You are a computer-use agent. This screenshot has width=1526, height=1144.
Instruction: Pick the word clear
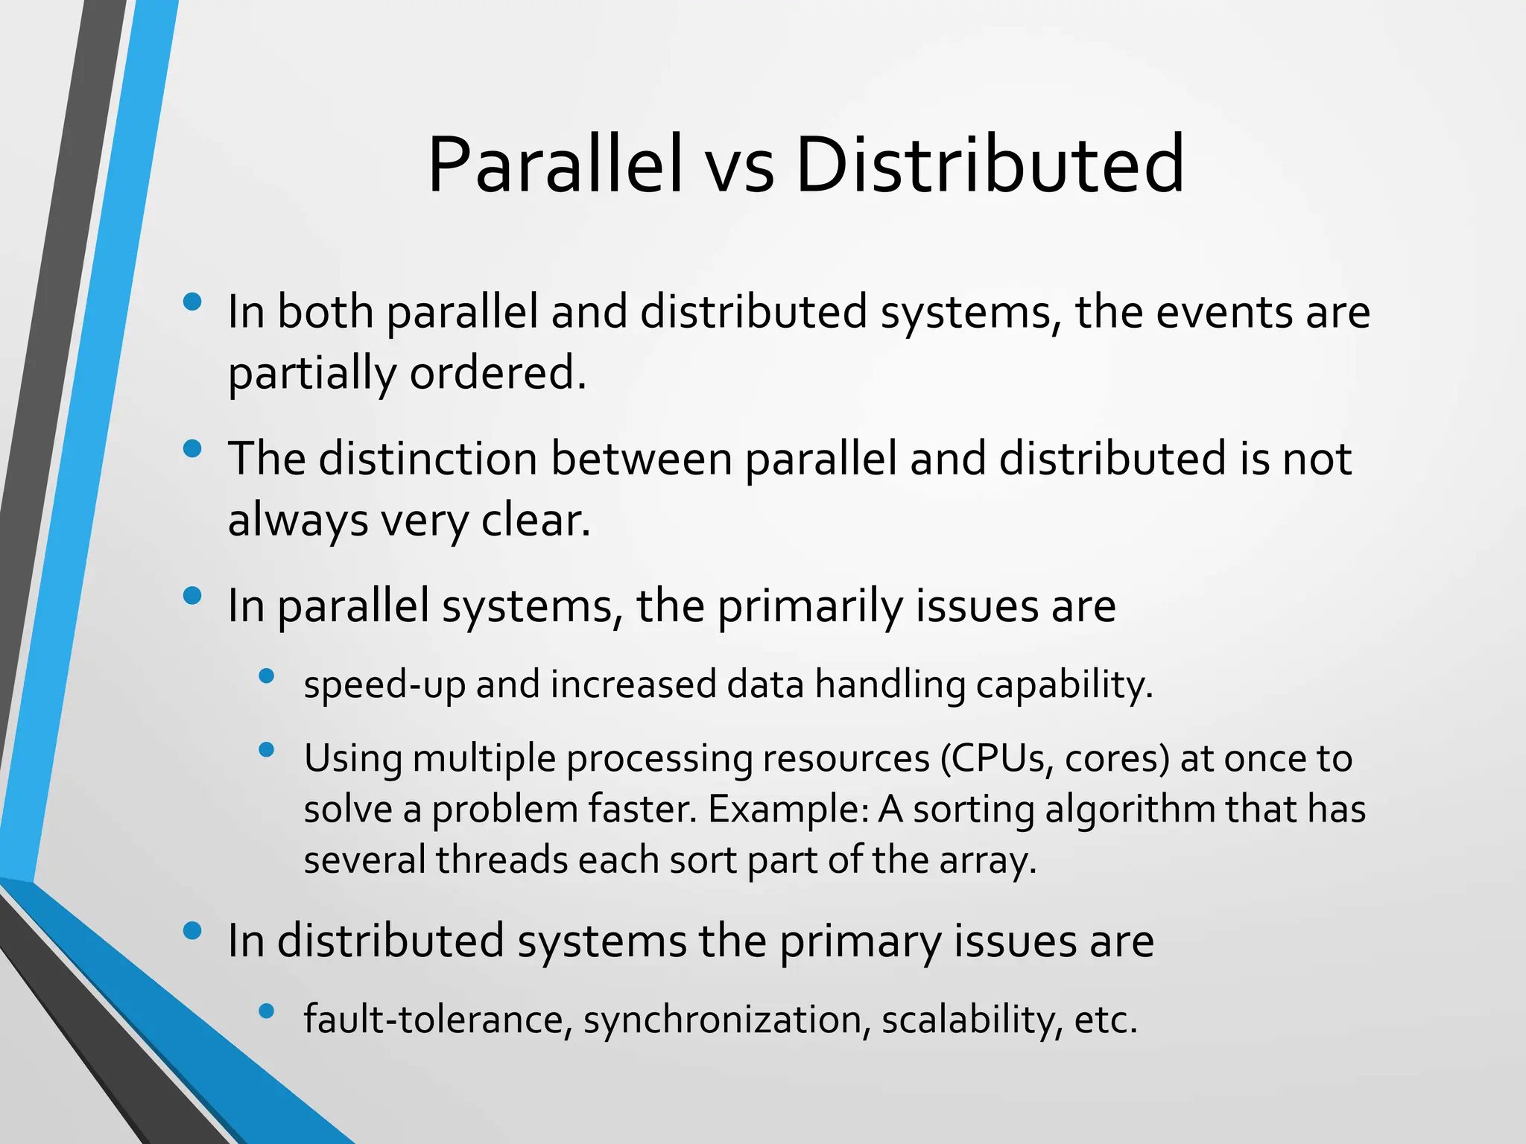[x=535, y=520]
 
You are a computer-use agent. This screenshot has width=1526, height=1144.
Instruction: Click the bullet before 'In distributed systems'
[x=192, y=931]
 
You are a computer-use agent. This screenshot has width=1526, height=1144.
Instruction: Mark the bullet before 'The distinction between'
[x=192, y=448]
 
